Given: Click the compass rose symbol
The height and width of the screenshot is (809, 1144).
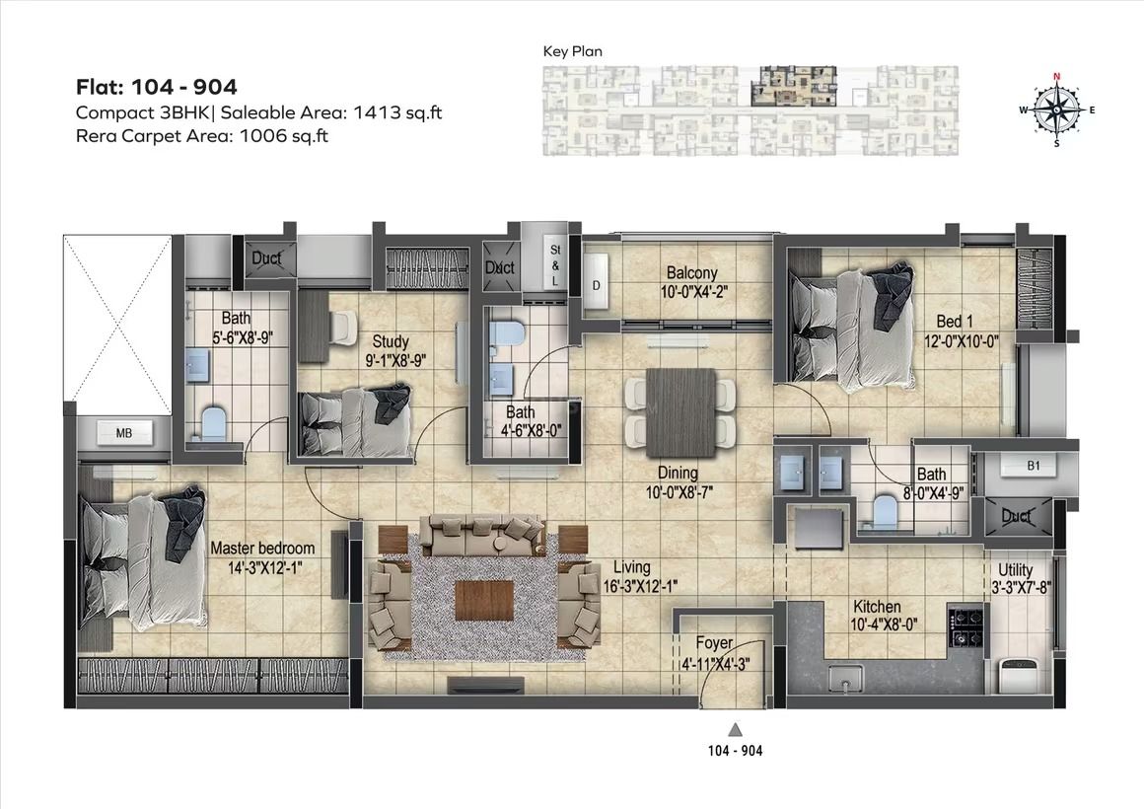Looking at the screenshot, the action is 1057,110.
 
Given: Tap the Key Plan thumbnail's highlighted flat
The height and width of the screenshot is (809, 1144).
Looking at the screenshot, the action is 794,86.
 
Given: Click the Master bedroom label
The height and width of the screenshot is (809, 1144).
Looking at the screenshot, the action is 262,548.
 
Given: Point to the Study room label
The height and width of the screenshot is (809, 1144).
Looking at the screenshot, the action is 391,341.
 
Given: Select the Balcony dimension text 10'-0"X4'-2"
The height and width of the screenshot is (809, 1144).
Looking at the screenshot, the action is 694,292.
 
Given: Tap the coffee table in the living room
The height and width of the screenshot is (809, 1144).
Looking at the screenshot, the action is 482,600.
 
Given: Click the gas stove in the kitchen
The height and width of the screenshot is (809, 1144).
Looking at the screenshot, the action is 965,626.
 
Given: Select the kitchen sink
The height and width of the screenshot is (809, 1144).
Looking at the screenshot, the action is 845,678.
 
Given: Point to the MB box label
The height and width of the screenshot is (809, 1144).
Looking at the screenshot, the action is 124,433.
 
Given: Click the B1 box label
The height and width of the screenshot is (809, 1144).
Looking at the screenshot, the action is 1034,465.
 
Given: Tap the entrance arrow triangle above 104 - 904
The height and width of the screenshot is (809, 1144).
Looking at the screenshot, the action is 736,729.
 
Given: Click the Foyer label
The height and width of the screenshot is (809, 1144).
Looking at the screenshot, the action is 714,643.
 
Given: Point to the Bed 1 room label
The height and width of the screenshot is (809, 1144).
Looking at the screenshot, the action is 955,322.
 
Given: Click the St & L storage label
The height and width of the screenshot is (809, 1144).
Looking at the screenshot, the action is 555,265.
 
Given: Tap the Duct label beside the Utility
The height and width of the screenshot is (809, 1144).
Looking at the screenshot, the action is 1017,517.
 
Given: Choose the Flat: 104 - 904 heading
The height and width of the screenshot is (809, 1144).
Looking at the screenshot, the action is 157,87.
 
